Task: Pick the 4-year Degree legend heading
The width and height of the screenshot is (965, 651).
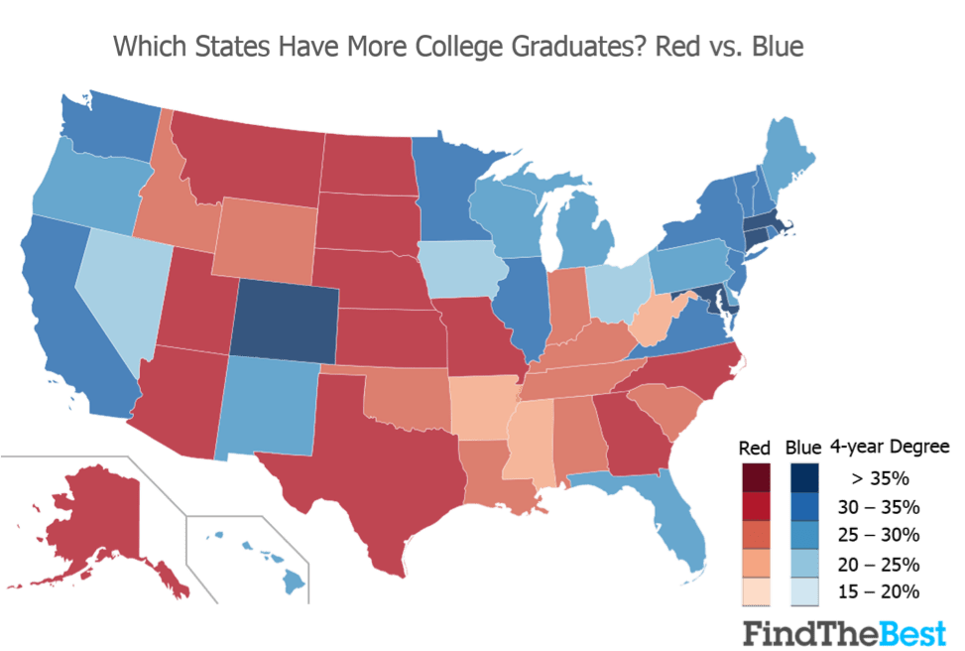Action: tap(876, 447)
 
